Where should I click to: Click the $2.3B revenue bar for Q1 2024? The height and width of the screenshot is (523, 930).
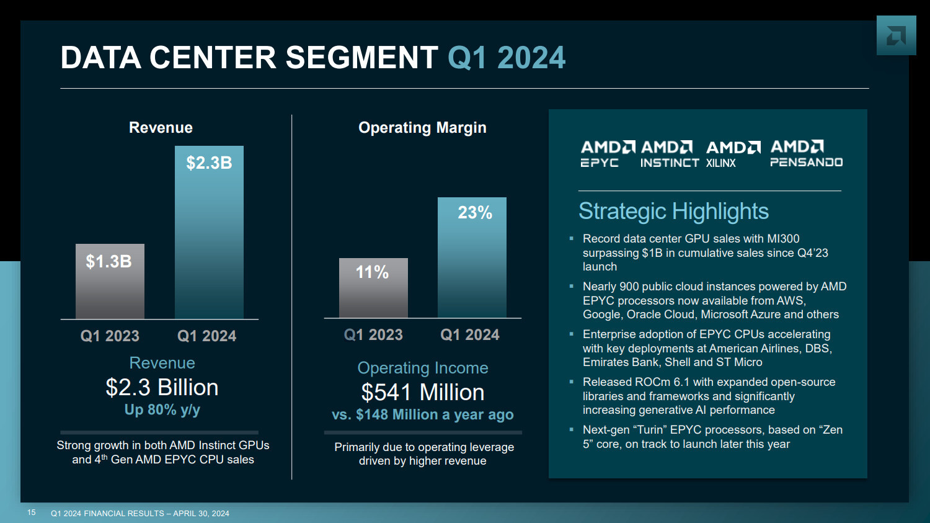(x=209, y=233)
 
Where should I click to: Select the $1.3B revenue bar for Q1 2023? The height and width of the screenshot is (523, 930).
(x=110, y=282)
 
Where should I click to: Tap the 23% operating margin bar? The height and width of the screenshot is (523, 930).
(x=472, y=257)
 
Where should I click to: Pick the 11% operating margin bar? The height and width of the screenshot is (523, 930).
(x=373, y=288)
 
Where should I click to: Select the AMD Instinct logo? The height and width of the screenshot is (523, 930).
(x=669, y=154)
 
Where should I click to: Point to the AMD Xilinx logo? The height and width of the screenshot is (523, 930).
(x=733, y=154)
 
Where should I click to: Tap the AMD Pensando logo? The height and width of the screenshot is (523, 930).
(x=806, y=154)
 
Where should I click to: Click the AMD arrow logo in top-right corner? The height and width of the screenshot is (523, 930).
(x=896, y=36)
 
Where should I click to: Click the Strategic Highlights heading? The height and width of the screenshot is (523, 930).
(x=673, y=212)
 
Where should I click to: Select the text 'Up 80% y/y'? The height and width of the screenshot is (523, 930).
(x=162, y=410)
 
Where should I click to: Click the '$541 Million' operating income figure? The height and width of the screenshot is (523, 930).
(x=423, y=393)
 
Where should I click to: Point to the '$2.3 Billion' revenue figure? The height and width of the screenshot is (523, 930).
(x=162, y=388)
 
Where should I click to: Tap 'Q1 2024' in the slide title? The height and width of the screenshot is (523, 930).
(x=506, y=58)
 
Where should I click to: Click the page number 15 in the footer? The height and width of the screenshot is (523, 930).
(x=32, y=512)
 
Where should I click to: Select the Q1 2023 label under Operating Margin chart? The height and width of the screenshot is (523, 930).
(x=373, y=335)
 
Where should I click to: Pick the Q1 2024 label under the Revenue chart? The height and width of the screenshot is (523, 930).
(x=206, y=336)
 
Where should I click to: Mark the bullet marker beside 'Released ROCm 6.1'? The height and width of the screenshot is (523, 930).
(x=572, y=382)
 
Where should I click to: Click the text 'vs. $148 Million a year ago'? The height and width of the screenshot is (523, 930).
(x=423, y=415)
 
